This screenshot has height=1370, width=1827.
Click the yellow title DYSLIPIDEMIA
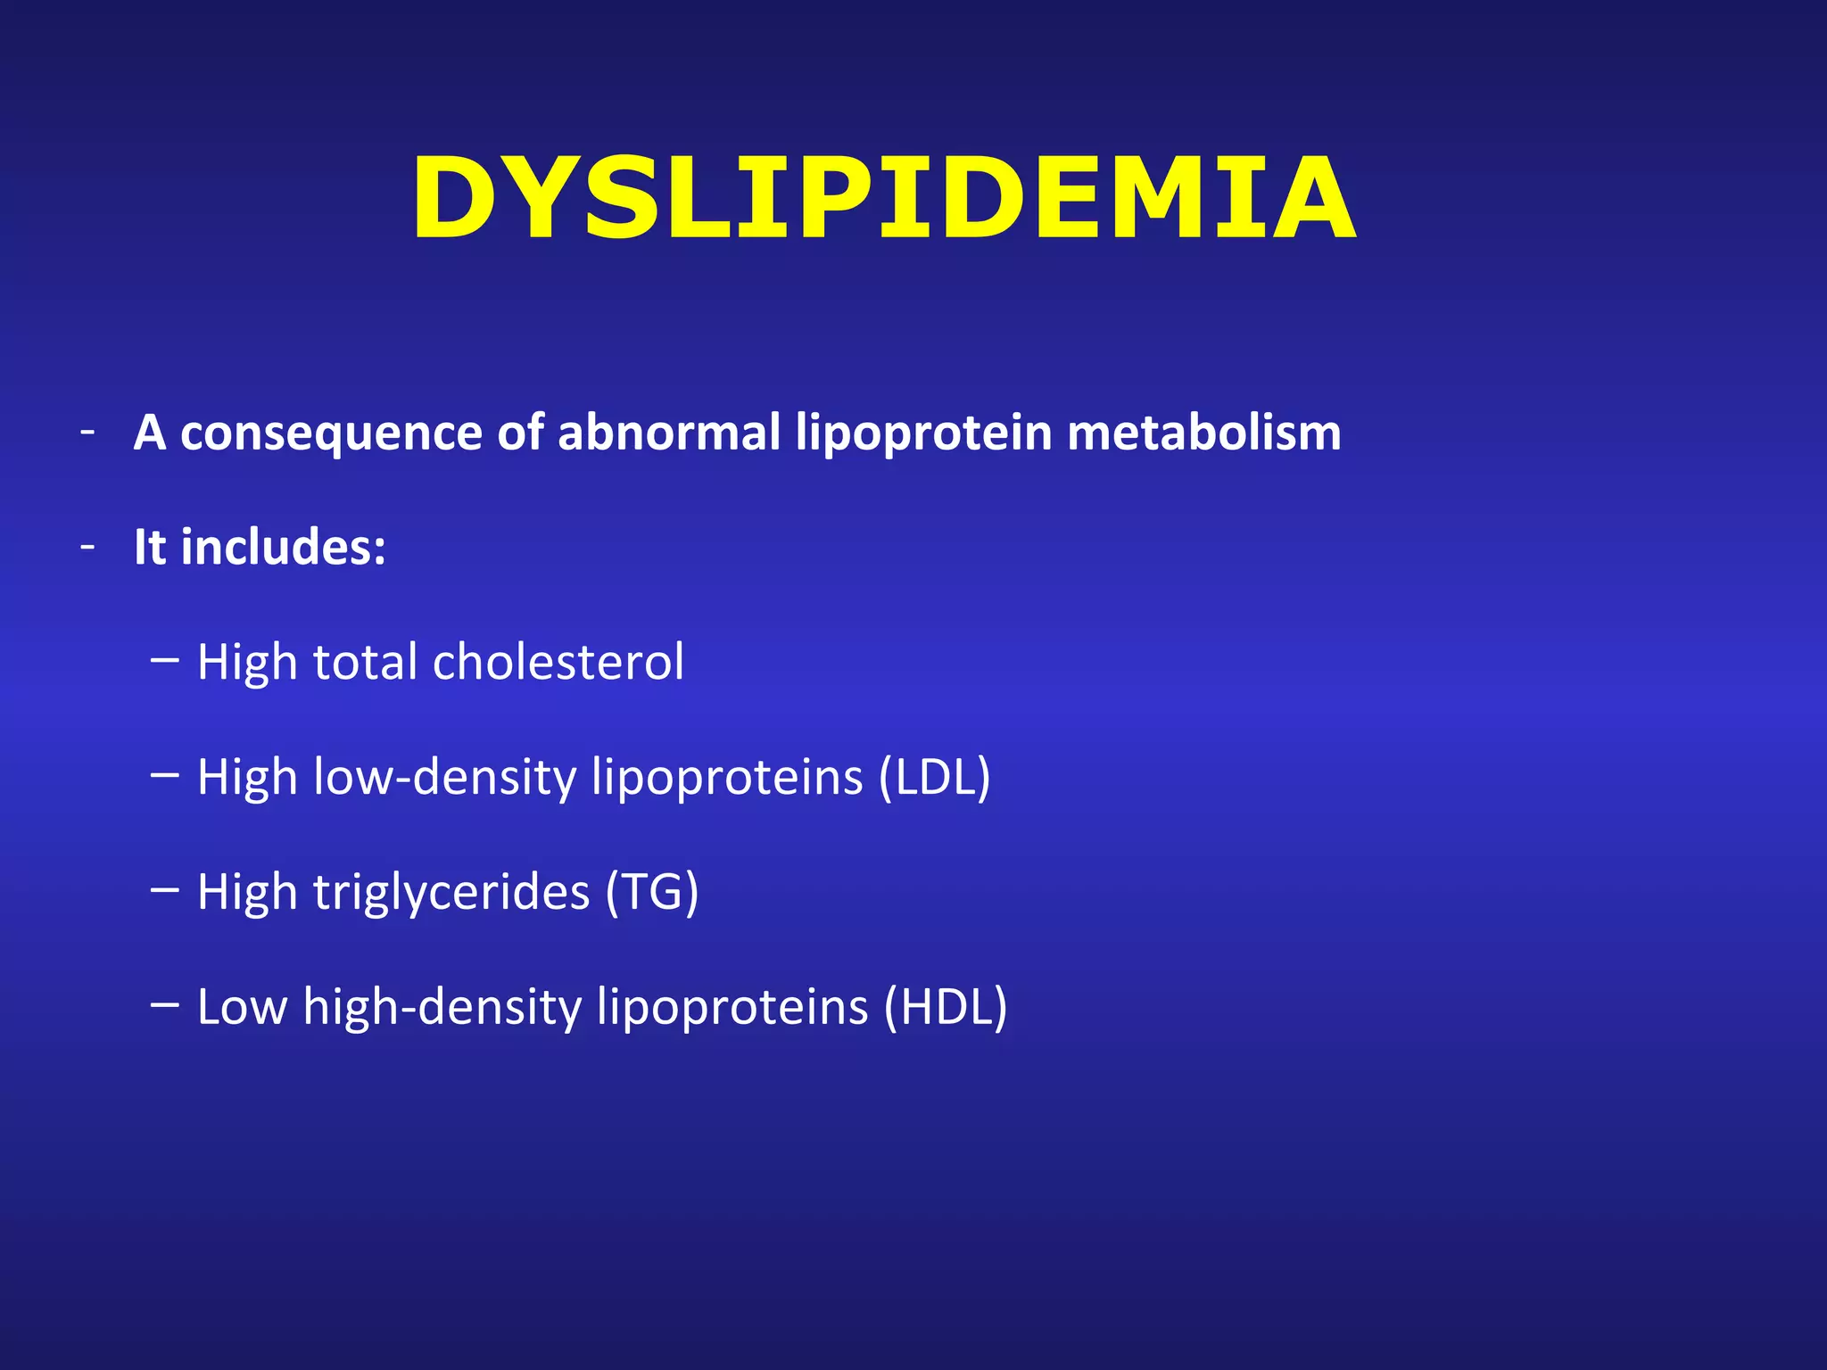[x=883, y=198]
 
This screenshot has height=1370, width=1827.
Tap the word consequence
[x=331, y=433]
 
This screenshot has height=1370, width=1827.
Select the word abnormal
[x=669, y=433]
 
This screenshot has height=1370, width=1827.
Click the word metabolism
[x=1203, y=433]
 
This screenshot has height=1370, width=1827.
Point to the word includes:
[x=283, y=547]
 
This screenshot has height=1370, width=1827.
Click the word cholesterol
[x=558, y=663]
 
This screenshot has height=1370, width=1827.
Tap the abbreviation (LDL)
[x=934, y=778]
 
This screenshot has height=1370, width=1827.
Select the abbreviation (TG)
[x=651, y=892]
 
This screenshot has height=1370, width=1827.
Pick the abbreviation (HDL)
[x=945, y=1007]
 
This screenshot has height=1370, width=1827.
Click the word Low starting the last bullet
[x=242, y=1007]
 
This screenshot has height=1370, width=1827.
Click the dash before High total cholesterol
[x=165, y=661]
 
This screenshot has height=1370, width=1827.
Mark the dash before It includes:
[x=87, y=547]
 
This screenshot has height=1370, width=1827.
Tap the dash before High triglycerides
[x=165, y=889]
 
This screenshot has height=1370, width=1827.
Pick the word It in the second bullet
[x=149, y=547]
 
